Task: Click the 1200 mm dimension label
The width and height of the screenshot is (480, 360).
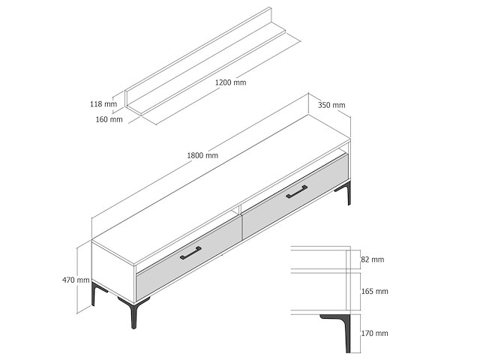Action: pyautogui.click(x=230, y=82)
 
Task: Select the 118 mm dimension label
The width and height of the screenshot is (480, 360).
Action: pyautogui.click(x=103, y=103)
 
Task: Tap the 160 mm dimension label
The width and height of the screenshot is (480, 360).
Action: pyautogui.click(x=109, y=119)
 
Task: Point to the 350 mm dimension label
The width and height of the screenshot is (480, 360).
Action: pyautogui.click(x=331, y=105)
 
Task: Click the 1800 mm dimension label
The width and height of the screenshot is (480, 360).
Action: pyautogui.click(x=202, y=155)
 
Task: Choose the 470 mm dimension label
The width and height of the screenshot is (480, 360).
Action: pyautogui.click(x=76, y=280)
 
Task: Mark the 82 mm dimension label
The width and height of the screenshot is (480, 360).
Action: pyautogui.click(x=373, y=259)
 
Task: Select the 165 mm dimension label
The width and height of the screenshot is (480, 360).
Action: pyautogui.click(x=375, y=291)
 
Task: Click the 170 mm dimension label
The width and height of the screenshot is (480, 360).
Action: pyautogui.click(x=375, y=333)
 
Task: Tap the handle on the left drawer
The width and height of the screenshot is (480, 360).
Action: pyautogui.click(x=190, y=253)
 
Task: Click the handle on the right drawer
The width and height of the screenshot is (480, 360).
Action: pyautogui.click(x=297, y=192)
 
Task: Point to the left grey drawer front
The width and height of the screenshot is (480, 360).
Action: pyautogui.click(x=188, y=259)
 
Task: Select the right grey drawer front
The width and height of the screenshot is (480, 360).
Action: pyautogui.click(x=295, y=196)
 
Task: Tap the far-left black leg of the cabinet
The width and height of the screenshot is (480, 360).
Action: pyautogui.click(x=97, y=293)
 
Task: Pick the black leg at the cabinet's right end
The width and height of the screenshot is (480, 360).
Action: pyautogui.click(x=346, y=192)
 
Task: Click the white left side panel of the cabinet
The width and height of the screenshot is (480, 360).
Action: pyautogui.click(x=113, y=268)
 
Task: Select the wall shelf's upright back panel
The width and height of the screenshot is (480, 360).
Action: pyautogui.click(x=198, y=57)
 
